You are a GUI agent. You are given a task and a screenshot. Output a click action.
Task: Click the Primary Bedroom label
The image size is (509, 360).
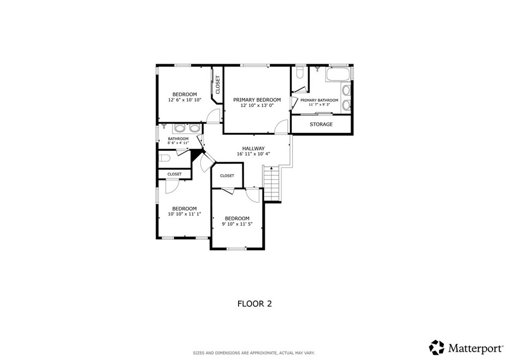(x=257, y=99)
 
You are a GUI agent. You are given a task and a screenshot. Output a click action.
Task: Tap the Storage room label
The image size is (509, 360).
(x=321, y=124)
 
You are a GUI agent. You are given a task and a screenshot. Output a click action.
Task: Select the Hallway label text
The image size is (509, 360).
(x=253, y=149)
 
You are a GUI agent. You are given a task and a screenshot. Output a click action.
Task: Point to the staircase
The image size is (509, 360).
(x=271, y=183)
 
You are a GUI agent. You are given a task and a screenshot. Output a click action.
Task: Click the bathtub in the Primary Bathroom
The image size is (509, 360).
(x=338, y=75)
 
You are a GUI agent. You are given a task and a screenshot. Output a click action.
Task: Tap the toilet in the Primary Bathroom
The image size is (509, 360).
(x=300, y=72)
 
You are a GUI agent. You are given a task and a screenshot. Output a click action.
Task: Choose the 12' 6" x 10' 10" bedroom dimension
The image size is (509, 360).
(x=185, y=100)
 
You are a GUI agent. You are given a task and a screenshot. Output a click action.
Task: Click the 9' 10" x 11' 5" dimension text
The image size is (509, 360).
(x=237, y=224)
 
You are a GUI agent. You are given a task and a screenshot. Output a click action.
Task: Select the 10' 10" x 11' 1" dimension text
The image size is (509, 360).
(x=184, y=214)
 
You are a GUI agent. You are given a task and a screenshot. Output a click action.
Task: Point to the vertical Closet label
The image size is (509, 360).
(x=218, y=85)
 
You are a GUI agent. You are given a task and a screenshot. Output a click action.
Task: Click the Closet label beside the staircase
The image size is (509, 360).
(x=227, y=176)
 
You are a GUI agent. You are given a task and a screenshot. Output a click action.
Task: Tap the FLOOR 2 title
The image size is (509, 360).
(x=254, y=304)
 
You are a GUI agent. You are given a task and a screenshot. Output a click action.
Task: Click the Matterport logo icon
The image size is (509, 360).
(x=436, y=348)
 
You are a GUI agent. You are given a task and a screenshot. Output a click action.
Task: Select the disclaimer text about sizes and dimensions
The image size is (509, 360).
(x=254, y=353)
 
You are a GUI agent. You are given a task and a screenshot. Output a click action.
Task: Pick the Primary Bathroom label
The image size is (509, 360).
(x=319, y=100)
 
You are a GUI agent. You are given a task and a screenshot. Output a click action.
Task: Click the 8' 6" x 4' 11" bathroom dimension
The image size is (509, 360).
(x=178, y=143)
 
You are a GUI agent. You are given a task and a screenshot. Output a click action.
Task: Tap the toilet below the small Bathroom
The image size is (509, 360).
(x=165, y=159)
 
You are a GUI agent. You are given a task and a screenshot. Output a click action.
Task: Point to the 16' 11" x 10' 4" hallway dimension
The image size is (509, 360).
(x=253, y=154)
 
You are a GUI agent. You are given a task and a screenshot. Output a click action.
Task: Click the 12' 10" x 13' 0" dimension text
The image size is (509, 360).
(x=257, y=105)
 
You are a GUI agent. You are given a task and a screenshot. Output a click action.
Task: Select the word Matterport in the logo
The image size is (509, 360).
(x=476, y=349)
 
